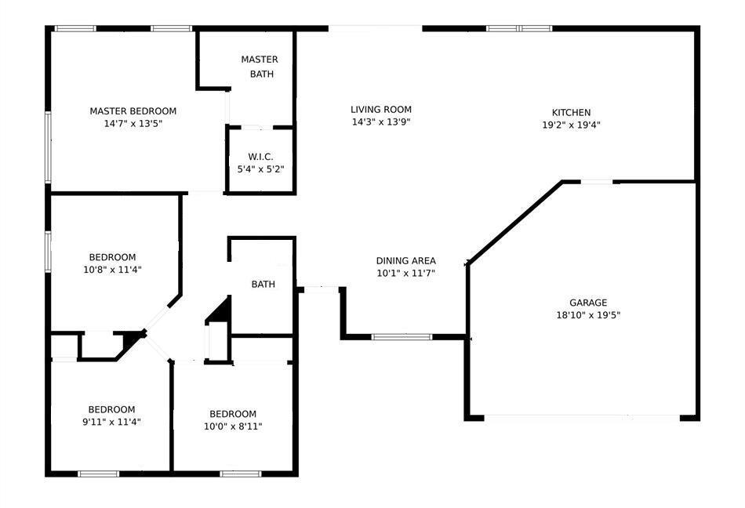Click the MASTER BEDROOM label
(133, 111)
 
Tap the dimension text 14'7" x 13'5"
(133, 124)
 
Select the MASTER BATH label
(260, 67)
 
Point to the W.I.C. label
(260, 157)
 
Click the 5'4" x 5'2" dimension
(261, 169)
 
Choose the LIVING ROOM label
(381, 109)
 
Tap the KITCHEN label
(571, 113)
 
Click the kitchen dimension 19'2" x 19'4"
(571, 125)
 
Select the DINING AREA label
(405, 260)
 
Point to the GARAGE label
(588, 303)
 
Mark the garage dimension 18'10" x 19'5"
(588, 315)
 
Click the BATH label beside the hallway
(263, 285)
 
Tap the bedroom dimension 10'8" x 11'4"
(113, 270)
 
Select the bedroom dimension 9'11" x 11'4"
(111, 422)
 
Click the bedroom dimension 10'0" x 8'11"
(233, 426)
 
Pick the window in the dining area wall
(402, 337)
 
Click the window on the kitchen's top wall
(519, 28)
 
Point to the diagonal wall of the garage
(515, 222)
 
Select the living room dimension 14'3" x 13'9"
(381, 122)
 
